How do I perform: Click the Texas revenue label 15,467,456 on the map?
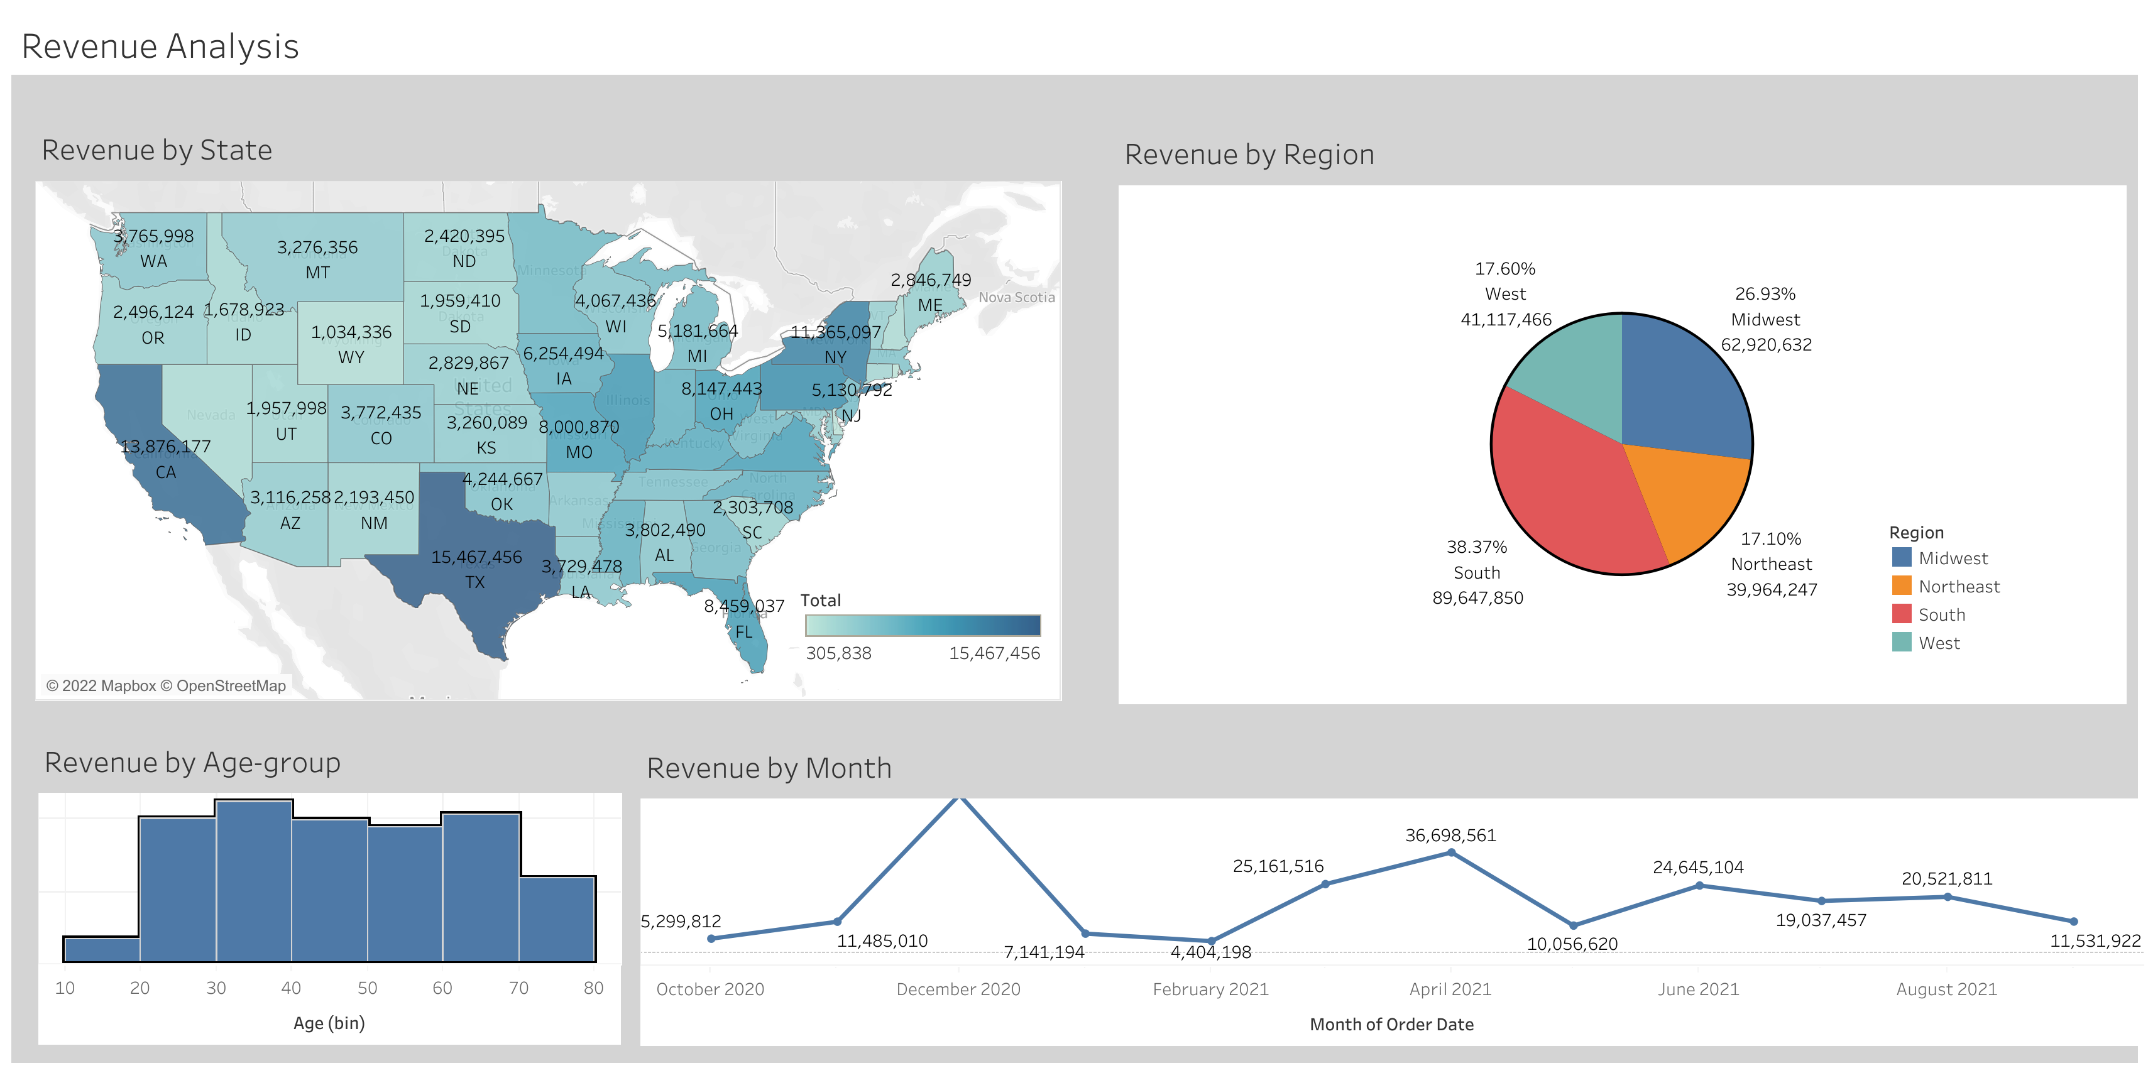[476, 557]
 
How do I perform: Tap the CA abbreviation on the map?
[166, 472]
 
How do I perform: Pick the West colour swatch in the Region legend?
[1901, 643]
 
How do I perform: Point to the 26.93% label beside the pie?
[1765, 294]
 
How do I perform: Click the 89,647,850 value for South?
[1477, 598]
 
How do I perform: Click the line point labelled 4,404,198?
[1211, 940]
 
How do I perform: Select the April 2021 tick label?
[1449, 989]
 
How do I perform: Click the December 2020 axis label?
[958, 989]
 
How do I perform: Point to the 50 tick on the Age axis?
[367, 988]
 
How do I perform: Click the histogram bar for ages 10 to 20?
[102, 950]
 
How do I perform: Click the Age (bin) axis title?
[329, 1023]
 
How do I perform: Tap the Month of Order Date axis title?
[1391, 1025]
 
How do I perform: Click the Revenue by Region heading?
[1248, 155]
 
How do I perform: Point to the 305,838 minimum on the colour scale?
[838, 653]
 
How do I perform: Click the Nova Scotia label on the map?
[1016, 298]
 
